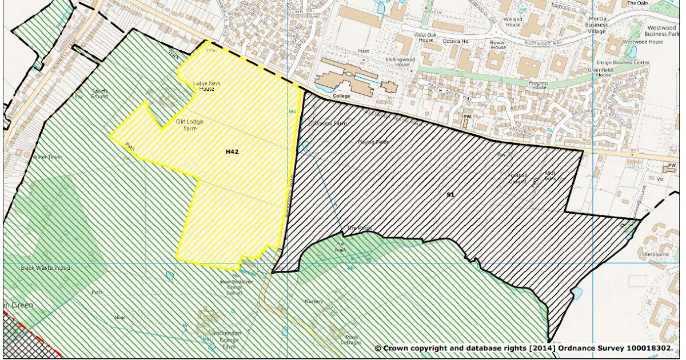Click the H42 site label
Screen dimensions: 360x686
[x=232, y=152]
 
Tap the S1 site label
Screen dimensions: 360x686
[x=450, y=195]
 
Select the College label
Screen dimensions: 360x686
[x=341, y=97]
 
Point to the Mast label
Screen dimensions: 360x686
[x=364, y=51]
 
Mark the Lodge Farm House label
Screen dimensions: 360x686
[x=206, y=86]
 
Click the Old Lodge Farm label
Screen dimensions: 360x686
[x=189, y=125]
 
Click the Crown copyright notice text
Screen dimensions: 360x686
[x=524, y=347]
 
